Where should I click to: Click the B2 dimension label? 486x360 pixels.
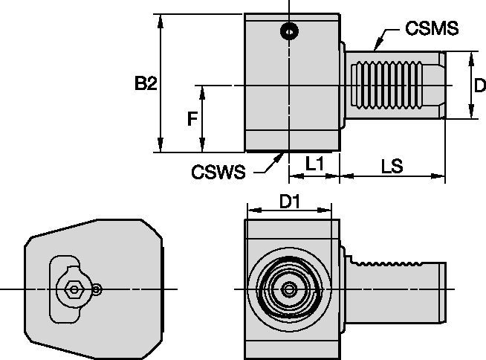point(146,84)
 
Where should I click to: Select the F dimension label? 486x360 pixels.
point(192,119)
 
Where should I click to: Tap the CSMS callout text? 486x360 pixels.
point(432,29)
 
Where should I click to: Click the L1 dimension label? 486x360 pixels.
point(314,165)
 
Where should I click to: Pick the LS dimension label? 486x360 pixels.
point(391,166)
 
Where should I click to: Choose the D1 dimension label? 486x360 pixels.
point(289,201)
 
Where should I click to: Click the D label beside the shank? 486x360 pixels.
point(479,86)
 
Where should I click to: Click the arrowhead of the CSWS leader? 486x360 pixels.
point(281,154)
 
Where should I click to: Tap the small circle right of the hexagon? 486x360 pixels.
point(98,289)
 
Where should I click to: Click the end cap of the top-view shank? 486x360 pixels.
point(442,86)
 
